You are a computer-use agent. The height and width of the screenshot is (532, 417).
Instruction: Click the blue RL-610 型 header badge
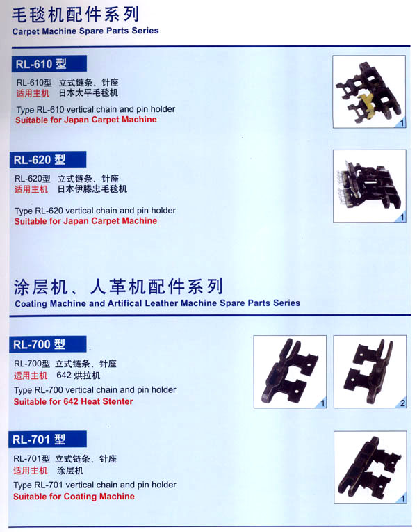click(49, 64)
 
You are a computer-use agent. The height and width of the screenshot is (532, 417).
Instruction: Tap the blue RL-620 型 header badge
click(48, 159)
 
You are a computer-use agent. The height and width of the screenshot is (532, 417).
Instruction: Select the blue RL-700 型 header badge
click(48, 344)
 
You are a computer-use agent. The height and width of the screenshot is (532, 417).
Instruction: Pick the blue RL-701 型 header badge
click(47, 440)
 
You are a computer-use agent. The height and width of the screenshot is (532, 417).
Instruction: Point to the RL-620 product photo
click(370, 186)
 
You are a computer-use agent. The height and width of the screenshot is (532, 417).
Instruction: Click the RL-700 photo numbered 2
click(370, 371)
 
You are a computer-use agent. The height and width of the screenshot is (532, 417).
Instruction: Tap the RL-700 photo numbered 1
click(290, 371)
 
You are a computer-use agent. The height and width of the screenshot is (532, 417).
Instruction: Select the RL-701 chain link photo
click(370, 467)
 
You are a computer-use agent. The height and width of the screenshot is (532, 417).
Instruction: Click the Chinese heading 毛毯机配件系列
click(76, 15)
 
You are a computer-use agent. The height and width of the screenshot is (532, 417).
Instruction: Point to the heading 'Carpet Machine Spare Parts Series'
click(85, 31)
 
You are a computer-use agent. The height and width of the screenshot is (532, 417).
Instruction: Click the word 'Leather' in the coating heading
click(161, 303)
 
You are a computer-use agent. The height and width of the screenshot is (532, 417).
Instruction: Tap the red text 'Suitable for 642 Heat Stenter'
click(73, 402)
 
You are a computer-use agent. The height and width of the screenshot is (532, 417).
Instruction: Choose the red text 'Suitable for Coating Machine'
click(74, 497)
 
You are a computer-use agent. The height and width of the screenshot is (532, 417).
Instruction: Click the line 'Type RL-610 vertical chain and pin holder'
click(96, 110)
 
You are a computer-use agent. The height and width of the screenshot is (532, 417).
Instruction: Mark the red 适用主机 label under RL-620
click(31, 189)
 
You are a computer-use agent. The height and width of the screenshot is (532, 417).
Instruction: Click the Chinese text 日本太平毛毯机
click(88, 93)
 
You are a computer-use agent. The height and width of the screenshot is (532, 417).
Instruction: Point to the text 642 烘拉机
click(79, 376)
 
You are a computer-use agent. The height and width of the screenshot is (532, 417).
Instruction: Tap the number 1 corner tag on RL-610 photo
click(402, 123)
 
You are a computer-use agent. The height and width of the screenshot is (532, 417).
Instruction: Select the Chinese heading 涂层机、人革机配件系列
click(118, 287)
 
